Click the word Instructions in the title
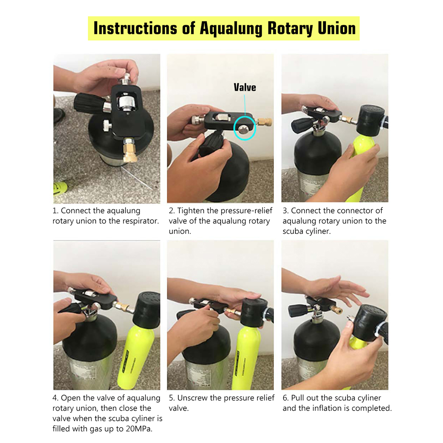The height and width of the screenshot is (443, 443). pyautogui.click(x=135, y=28)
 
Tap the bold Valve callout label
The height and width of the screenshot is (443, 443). pyautogui.click(x=245, y=87)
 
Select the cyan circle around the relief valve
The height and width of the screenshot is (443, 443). pyautogui.click(x=244, y=127)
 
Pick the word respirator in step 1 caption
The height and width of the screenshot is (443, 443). pyautogui.click(x=140, y=221)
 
